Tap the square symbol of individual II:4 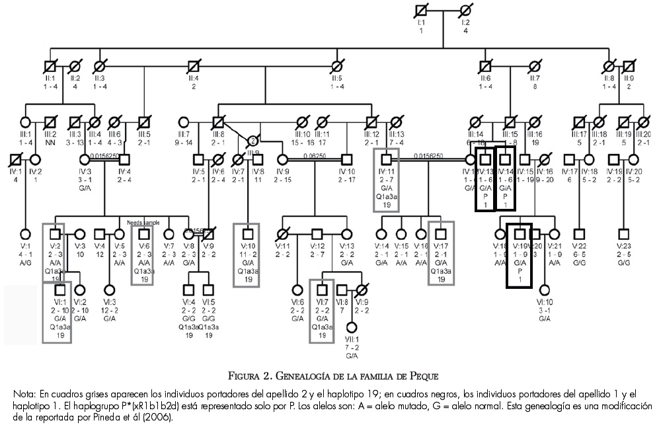(194, 66)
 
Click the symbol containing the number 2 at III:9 (252, 140)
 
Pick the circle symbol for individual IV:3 (85, 159)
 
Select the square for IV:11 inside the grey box (386, 159)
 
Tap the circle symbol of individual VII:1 (352, 327)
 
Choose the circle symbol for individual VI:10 (545, 289)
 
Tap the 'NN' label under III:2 (50, 142)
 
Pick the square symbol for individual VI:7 (322, 289)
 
